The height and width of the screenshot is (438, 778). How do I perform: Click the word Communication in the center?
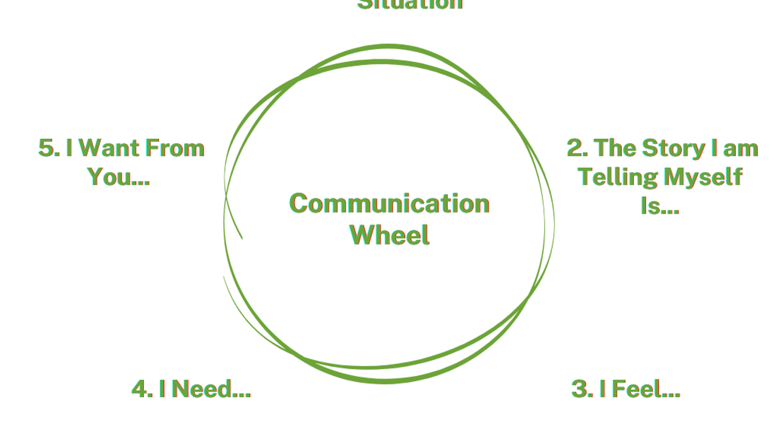tap(389, 203)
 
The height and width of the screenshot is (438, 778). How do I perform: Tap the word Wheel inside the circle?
tap(390, 235)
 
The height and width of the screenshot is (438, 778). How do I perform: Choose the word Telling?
tap(618, 177)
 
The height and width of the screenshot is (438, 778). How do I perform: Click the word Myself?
tap(703, 177)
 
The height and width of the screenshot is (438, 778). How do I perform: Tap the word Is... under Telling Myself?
tap(659, 206)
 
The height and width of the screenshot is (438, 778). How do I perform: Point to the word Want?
tap(108, 148)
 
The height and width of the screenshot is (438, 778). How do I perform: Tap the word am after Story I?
tap(740, 148)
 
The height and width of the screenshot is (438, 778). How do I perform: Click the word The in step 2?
tap(614, 148)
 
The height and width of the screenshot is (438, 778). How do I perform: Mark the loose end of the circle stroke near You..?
tap(241, 237)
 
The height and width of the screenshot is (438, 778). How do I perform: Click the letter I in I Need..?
tap(162, 389)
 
